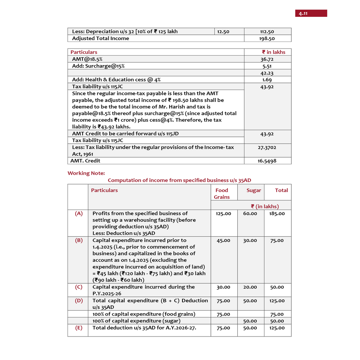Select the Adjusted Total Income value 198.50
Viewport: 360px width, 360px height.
click(x=267, y=39)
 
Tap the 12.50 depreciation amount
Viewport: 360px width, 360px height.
click(x=223, y=32)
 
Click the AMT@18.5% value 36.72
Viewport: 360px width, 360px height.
click(x=267, y=59)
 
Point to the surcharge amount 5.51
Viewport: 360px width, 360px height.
click(x=267, y=66)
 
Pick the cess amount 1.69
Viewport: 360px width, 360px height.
click(x=267, y=80)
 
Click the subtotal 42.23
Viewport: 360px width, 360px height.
click(x=267, y=73)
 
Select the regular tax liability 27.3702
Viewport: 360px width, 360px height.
click(x=267, y=148)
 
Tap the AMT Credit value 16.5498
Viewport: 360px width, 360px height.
click(x=267, y=161)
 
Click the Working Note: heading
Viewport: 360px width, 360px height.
click(x=86, y=173)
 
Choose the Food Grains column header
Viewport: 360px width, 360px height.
click(x=222, y=194)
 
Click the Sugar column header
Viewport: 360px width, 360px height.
click(x=254, y=191)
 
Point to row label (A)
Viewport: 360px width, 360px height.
click(x=79, y=213)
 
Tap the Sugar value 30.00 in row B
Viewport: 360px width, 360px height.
click(x=250, y=241)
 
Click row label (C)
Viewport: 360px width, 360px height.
click(x=79, y=287)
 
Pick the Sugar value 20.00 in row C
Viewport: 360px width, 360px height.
click(x=250, y=287)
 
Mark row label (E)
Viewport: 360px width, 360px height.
click(x=79, y=328)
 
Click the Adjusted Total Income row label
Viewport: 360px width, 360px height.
click(x=101, y=39)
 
